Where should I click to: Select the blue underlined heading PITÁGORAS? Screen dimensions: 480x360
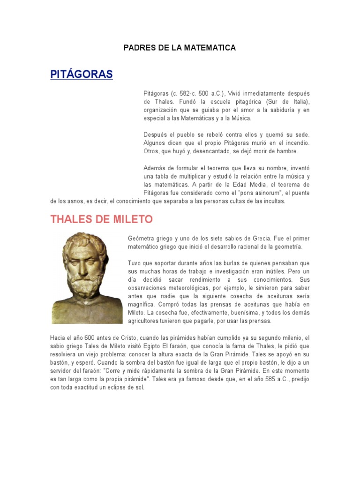pos(82,74)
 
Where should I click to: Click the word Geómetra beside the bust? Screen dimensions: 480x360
pos(142,238)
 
